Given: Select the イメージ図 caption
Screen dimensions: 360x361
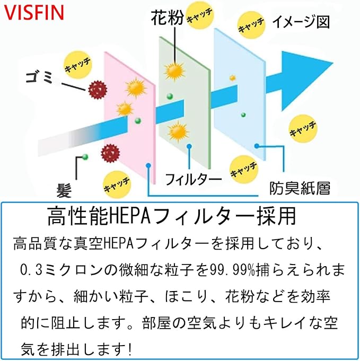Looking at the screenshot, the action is (301, 22).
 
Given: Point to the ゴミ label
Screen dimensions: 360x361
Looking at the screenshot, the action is (39, 77).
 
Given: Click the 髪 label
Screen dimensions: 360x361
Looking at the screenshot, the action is (64, 190).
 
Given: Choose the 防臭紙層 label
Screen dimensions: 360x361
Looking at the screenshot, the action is (300, 188).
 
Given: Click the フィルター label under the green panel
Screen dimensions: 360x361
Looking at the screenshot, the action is (193, 180).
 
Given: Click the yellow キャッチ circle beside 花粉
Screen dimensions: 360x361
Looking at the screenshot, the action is (200, 16).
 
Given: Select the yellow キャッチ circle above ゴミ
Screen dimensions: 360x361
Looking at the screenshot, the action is (77, 65).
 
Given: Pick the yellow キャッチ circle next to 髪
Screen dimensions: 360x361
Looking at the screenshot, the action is (117, 184).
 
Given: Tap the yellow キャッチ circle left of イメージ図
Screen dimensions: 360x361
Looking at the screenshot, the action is (251, 25).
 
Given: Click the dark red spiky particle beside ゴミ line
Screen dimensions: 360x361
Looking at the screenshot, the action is (98, 90).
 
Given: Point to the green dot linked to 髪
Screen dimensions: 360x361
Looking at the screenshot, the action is (85, 157).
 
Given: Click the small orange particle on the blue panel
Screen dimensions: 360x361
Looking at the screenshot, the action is (233, 78).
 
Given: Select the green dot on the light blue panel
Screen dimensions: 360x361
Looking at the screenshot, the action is (243, 115).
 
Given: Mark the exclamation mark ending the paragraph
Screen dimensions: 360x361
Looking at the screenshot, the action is (130, 349).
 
